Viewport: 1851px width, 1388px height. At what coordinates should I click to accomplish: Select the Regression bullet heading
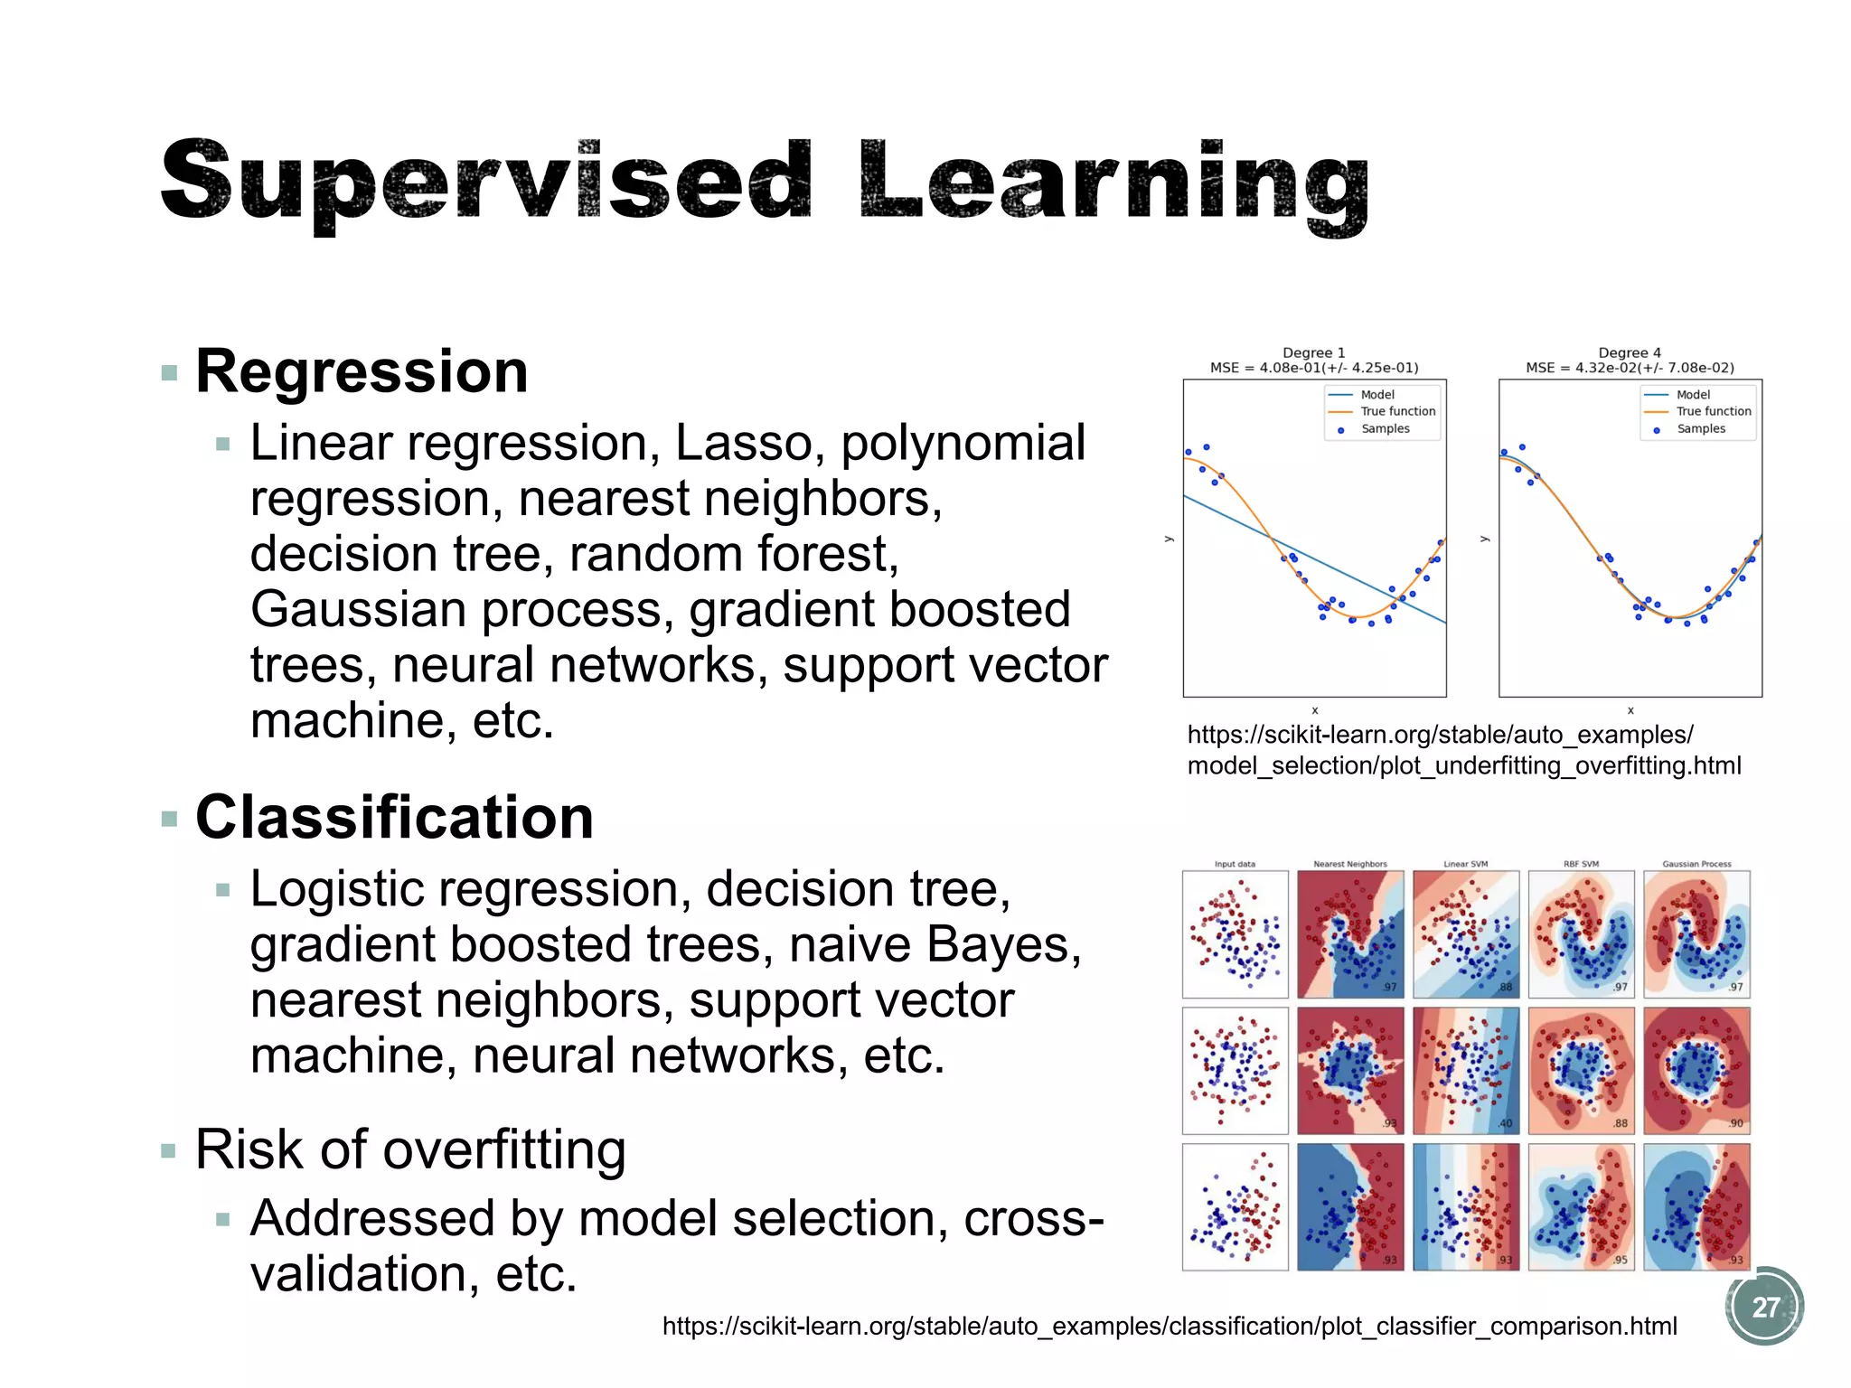[x=362, y=371]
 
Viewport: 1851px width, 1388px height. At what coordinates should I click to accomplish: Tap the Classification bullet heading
[x=394, y=817]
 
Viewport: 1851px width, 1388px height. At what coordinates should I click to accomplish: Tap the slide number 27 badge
[x=1764, y=1307]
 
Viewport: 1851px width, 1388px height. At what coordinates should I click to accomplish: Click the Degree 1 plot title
[x=1314, y=352]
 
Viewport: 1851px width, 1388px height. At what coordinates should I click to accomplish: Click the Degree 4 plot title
[x=1630, y=352]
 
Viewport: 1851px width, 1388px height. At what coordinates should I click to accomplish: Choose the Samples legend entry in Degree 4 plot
[x=1700, y=428]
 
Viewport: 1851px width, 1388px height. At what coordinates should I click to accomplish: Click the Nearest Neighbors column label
[x=1349, y=864]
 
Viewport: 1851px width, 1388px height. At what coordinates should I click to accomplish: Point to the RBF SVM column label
[x=1581, y=864]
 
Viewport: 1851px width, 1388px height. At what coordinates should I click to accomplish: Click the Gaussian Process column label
[x=1696, y=864]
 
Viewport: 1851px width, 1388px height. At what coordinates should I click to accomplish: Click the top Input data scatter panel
[x=1235, y=933]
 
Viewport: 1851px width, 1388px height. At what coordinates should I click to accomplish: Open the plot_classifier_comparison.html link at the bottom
[x=1170, y=1326]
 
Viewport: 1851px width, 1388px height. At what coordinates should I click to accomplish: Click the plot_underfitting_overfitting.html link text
[x=1463, y=766]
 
